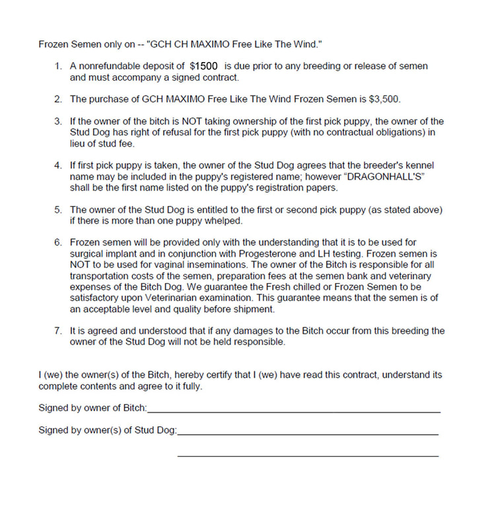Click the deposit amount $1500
(204, 66)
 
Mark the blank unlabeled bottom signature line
(308, 455)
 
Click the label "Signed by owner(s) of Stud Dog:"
(108, 431)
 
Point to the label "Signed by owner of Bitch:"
(93, 409)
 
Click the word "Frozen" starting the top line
(53, 44)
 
